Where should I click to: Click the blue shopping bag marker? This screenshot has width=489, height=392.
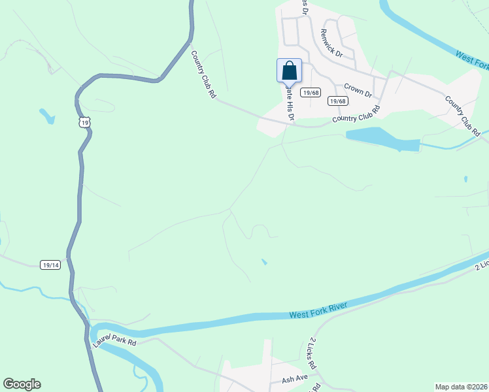(290, 71)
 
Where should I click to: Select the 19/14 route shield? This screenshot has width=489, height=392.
(50, 265)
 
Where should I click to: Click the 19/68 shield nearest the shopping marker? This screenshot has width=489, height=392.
(311, 93)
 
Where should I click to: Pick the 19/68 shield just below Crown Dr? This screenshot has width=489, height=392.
(337, 101)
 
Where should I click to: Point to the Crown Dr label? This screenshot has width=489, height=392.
(358, 91)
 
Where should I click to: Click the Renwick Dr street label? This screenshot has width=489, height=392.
(331, 43)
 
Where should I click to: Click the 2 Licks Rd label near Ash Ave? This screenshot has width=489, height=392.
(312, 353)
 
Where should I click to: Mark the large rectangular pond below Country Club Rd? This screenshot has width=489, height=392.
(382, 139)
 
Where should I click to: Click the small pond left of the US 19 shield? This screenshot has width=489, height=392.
(46, 116)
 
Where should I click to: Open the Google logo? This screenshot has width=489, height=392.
(22, 384)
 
